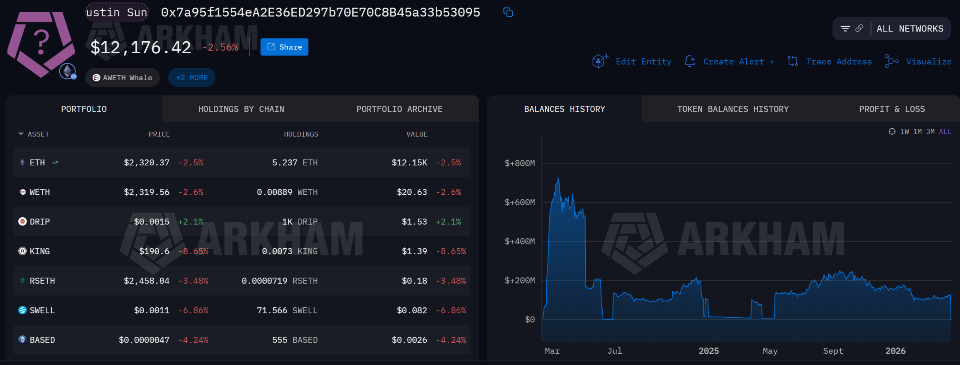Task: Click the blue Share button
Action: (x=284, y=47)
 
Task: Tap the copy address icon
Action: (x=508, y=12)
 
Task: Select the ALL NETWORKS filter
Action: (x=910, y=29)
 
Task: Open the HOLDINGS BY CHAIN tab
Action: (x=241, y=109)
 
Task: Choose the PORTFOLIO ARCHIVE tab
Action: (x=399, y=109)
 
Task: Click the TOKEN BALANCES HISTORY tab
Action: (x=733, y=109)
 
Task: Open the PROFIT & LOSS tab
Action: (x=892, y=109)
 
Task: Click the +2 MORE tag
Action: (x=192, y=78)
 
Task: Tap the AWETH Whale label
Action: (x=123, y=78)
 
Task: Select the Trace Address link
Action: (x=839, y=62)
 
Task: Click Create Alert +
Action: (x=738, y=62)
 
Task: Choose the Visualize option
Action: (x=928, y=62)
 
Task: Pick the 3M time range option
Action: (x=930, y=132)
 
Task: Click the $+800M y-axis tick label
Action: (x=520, y=163)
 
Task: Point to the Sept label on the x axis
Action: (x=833, y=351)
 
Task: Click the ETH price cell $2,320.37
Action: (x=147, y=162)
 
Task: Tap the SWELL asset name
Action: (x=42, y=311)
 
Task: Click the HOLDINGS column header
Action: (x=301, y=134)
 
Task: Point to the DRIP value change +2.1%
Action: (x=448, y=222)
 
